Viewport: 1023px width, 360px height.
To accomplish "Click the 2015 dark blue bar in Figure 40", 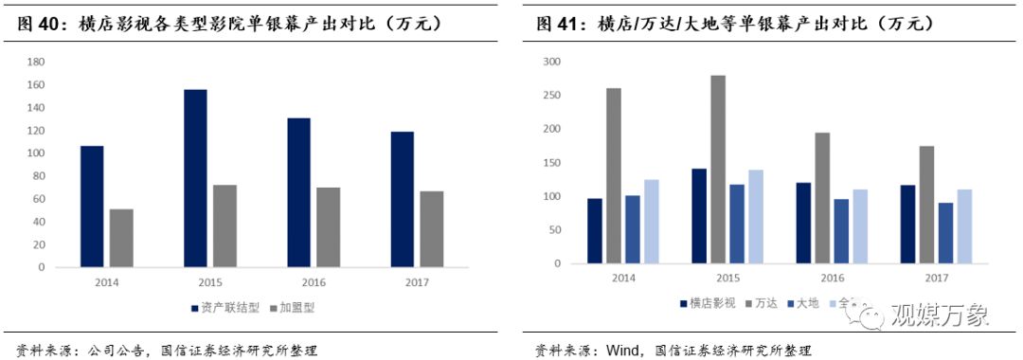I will [x=195, y=178].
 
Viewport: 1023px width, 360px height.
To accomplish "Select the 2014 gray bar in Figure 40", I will [x=121, y=238].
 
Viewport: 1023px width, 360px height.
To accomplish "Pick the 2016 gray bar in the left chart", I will [x=328, y=227].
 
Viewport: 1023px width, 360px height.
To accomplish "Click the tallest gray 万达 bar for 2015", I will [x=718, y=169].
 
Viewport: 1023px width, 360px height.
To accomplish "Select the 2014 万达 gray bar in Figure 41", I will [x=614, y=175].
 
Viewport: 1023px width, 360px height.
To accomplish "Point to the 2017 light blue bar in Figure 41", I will [x=964, y=226].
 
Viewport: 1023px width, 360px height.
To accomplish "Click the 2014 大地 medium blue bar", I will [x=633, y=229].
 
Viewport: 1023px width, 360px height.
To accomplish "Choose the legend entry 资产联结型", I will [x=228, y=308].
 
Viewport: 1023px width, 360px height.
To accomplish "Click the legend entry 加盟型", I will [x=295, y=308].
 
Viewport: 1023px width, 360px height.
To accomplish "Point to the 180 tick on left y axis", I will [x=37, y=63].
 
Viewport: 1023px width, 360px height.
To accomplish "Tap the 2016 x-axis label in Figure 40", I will [x=313, y=282].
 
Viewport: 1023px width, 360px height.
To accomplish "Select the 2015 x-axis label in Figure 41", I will [x=727, y=279].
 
